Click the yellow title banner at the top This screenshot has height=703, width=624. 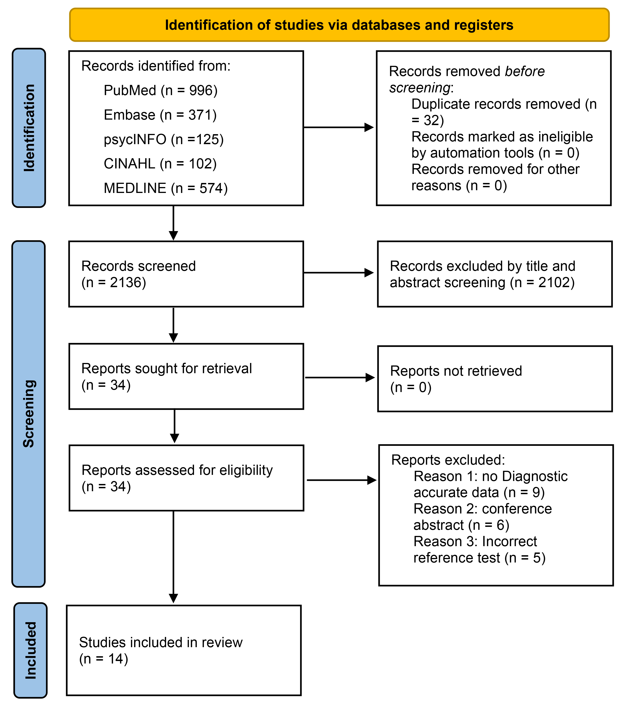[339, 25]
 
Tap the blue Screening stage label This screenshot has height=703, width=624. [29, 414]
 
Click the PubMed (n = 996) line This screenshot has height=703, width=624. [161, 90]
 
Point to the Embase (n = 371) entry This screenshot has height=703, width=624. [160, 115]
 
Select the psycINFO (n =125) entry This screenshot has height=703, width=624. [164, 139]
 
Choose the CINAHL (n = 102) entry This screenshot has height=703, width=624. [160, 164]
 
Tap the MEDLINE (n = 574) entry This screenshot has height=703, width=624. [166, 188]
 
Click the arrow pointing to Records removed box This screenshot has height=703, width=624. [339, 127]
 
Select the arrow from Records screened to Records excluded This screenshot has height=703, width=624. [339, 273]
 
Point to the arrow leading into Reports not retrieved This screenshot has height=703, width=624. [340, 378]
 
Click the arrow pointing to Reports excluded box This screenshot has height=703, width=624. [342, 480]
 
